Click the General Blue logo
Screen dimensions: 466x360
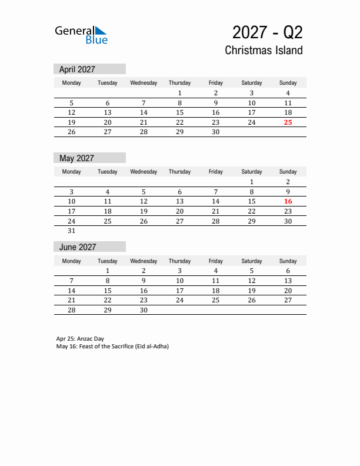[x=81, y=35]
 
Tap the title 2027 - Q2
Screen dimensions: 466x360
[x=267, y=32]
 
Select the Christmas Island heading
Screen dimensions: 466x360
[x=264, y=50]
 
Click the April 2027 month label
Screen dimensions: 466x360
[x=77, y=69]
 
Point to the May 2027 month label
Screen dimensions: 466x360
[x=76, y=158]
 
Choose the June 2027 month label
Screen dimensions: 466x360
[x=78, y=247]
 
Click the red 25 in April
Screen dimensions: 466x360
[x=288, y=122]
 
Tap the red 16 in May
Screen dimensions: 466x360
[x=288, y=201]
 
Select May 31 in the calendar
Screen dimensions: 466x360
[x=72, y=231]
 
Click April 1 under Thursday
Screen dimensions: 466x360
[x=179, y=93]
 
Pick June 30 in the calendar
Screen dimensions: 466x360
[x=144, y=310]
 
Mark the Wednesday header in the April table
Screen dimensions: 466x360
[x=144, y=83]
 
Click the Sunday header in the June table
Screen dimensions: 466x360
[x=288, y=261]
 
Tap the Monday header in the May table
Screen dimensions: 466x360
[x=72, y=172]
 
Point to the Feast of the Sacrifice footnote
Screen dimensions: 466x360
[x=112, y=346]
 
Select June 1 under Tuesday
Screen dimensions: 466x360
[x=108, y=271]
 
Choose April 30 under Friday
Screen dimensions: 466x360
[x=216, y=132]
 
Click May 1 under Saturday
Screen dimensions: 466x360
[x=252, y=182]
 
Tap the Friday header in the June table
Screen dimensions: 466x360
[x=216, y=261]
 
